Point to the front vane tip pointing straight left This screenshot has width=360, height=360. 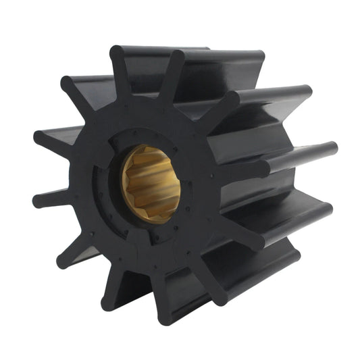click(x=39, y=200)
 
